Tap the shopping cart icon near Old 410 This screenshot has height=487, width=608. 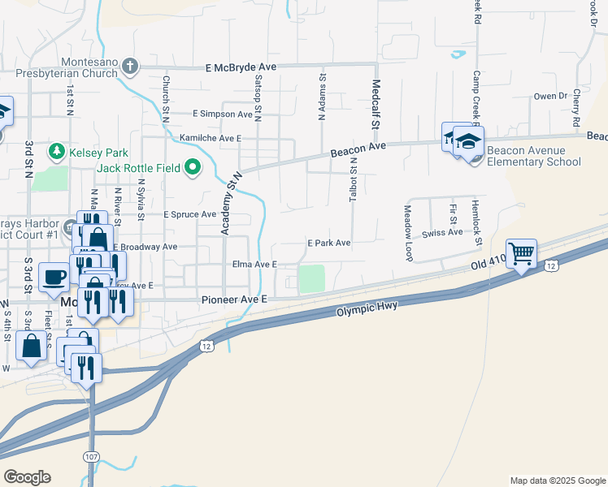tap(521, 253)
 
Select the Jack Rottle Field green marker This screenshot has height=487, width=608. tap(193, 168)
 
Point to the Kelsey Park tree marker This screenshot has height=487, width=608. tap(56, 151)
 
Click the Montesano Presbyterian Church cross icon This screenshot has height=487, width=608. tap(131, 67)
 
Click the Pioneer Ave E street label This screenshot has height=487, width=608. tap(234, 300)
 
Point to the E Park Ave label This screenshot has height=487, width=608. tap(328, 243)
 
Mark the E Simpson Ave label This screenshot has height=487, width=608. tap(223, 114)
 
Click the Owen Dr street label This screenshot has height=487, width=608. tap(549, 96)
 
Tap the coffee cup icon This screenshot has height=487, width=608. tap(54, 276)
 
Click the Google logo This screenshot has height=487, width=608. tap(27, 477)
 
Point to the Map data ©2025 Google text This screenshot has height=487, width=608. tap(557, 481)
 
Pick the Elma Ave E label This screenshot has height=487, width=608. tap(255, 265)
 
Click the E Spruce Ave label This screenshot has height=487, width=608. tap(189, 215)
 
